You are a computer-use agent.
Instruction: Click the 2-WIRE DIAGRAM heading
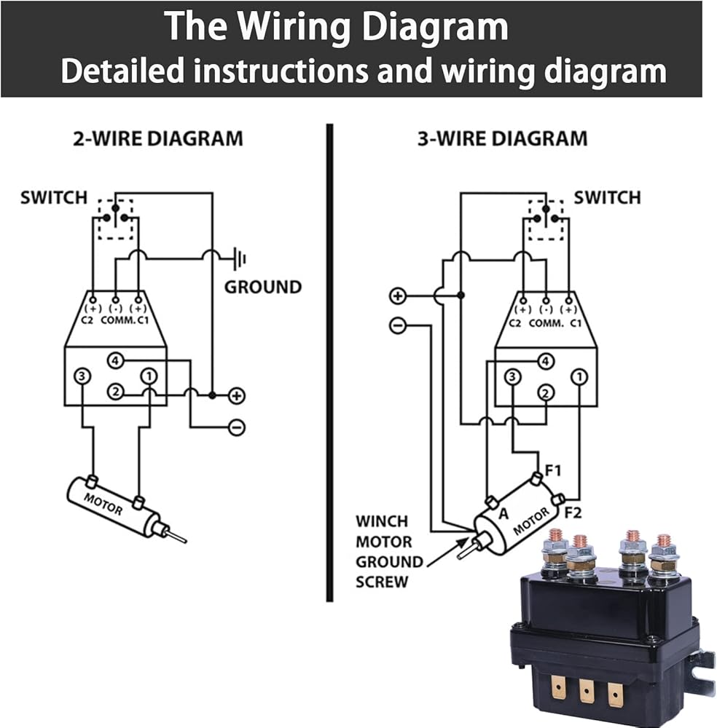157,138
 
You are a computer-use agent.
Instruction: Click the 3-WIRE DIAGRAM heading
502,138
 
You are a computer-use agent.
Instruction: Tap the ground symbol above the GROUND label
238,257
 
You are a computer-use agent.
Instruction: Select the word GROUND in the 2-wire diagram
262,287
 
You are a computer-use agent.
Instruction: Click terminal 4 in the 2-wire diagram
114,360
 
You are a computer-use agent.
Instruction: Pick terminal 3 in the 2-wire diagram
82,376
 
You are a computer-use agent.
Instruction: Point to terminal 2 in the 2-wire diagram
114,392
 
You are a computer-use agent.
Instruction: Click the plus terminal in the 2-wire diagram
237,396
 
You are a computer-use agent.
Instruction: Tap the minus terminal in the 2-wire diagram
237,427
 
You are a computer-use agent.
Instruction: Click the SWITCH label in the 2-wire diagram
54,197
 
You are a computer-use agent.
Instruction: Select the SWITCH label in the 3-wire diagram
607,197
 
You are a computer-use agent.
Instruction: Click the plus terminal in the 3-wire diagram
398,296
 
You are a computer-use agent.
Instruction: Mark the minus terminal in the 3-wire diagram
398,325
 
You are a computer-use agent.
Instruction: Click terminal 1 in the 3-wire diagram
579,376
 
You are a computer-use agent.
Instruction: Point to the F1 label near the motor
553,470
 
